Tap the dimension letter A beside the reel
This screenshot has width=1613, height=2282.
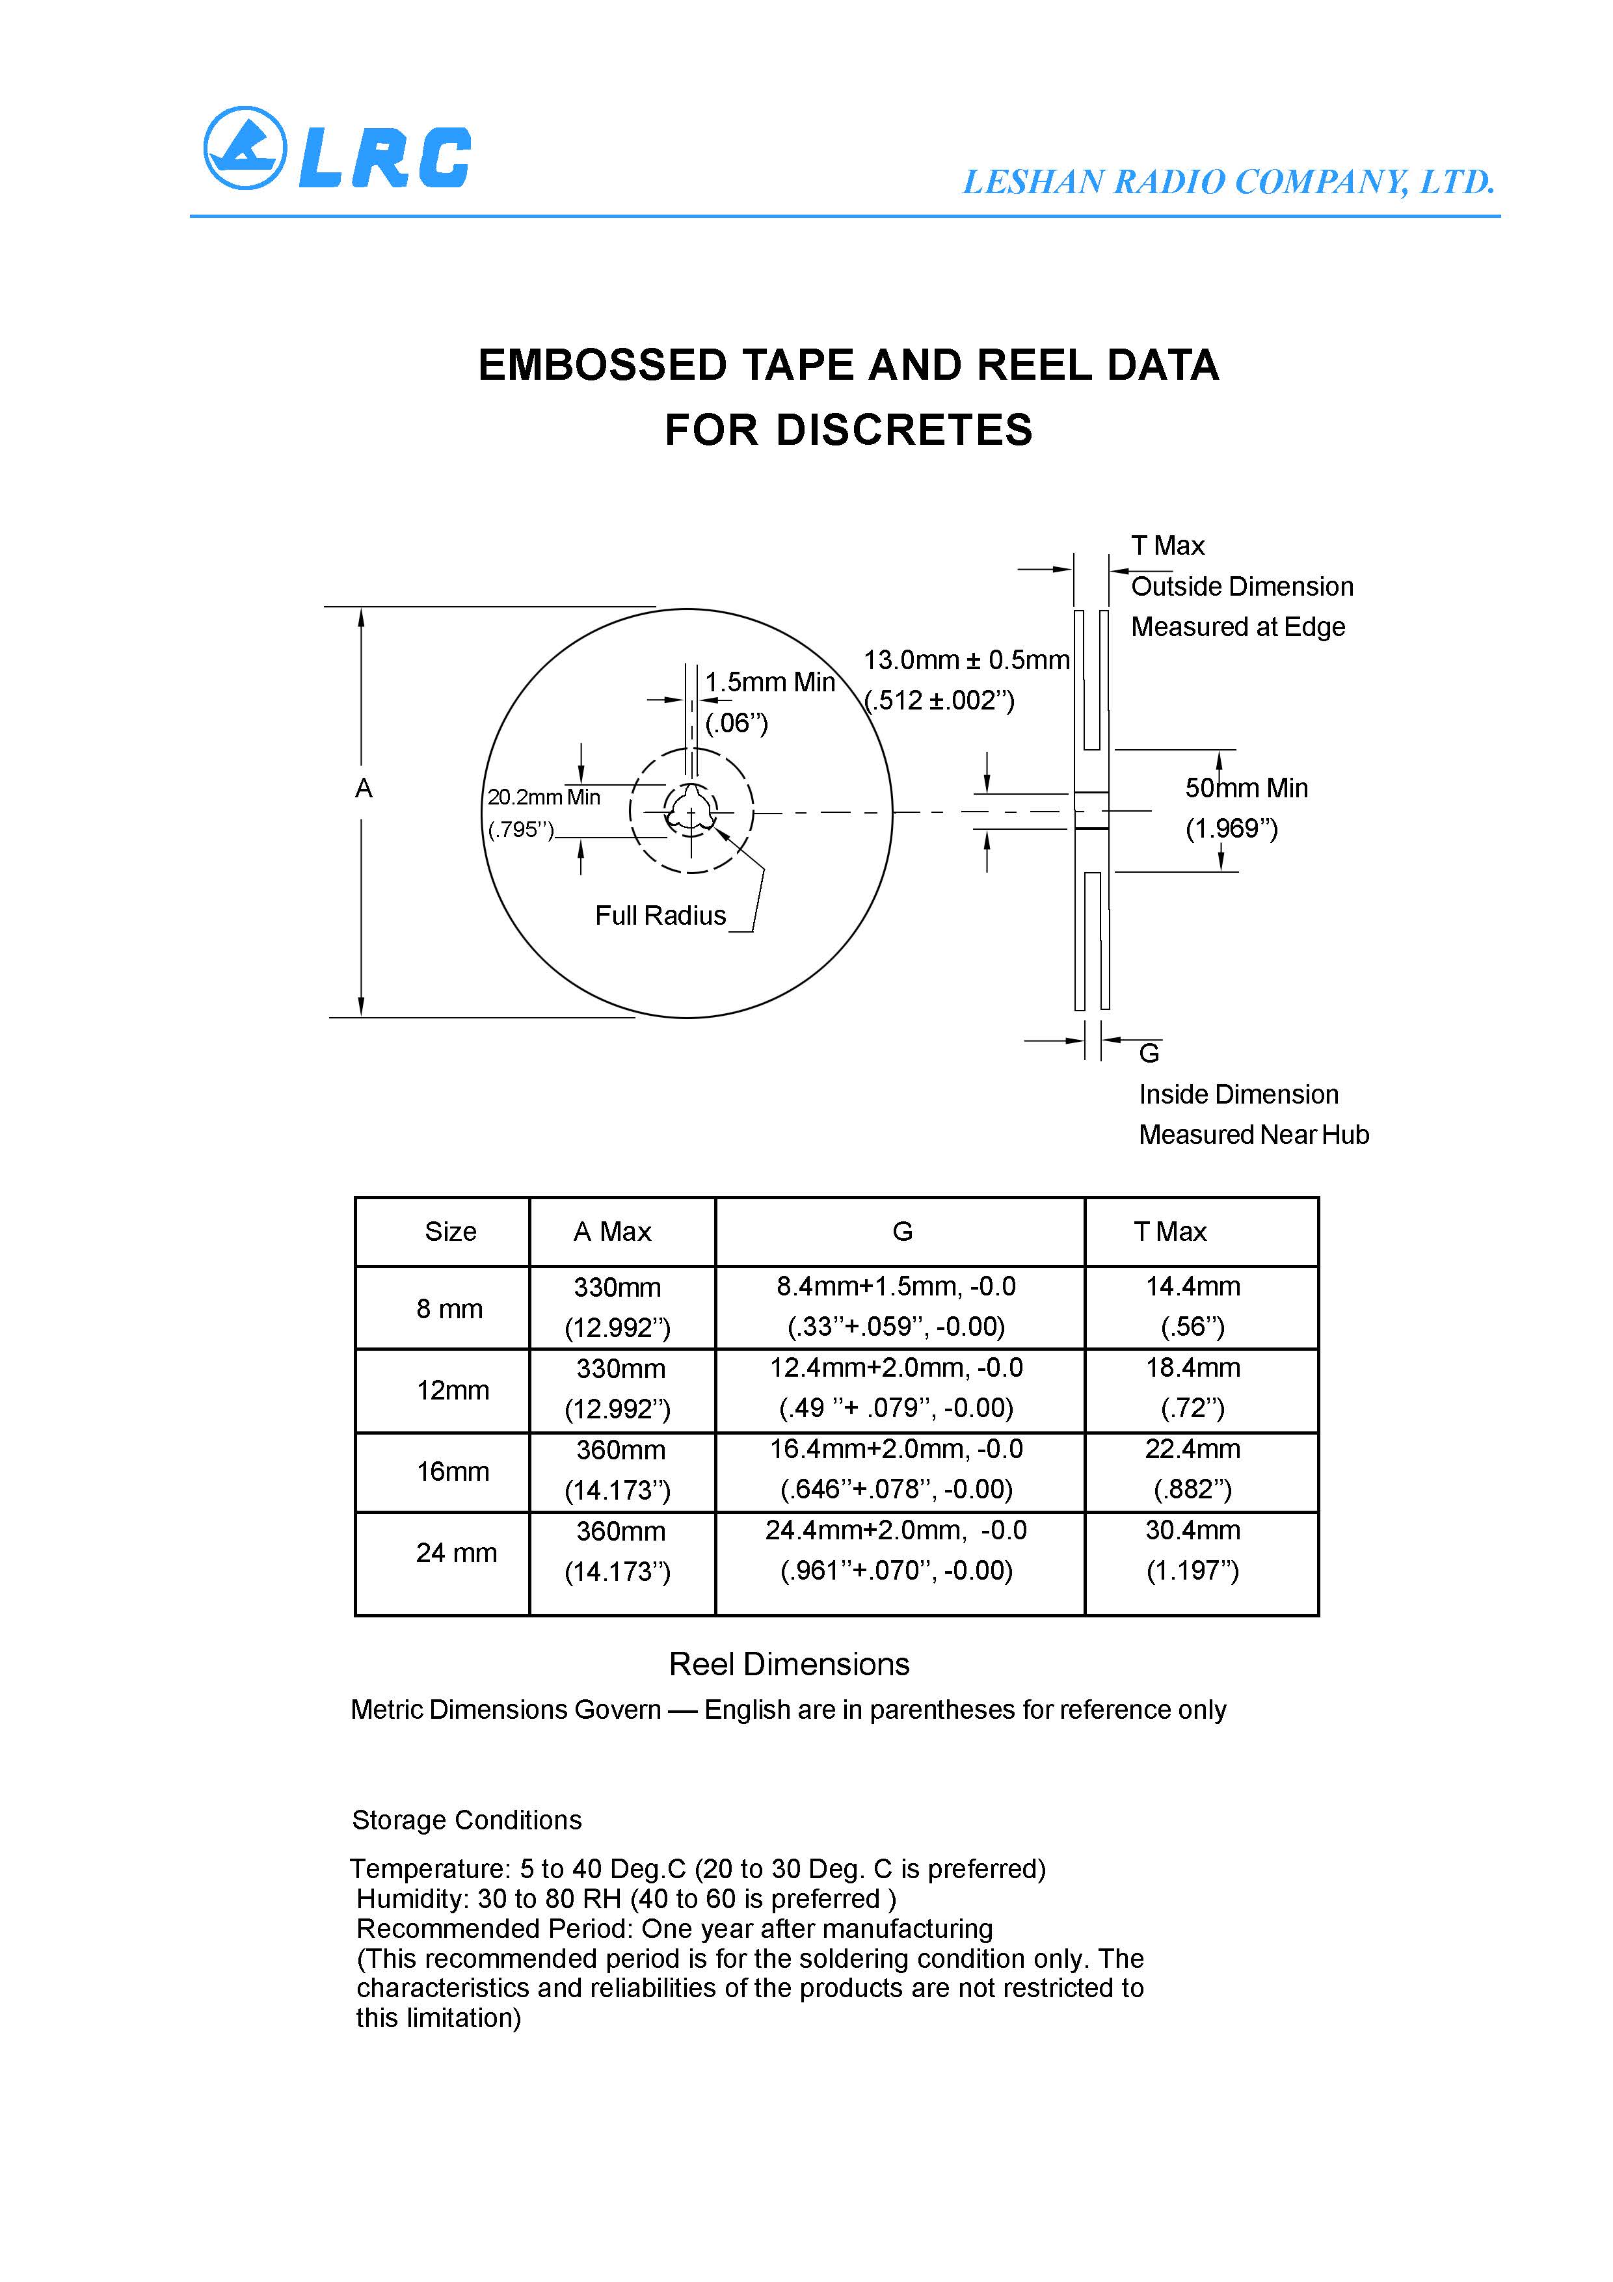pos(364,789)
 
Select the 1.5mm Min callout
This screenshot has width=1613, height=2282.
pos(770,683)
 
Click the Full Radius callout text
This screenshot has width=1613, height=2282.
pos(660,916)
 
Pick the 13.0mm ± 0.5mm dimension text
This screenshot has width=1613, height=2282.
pos(966,660)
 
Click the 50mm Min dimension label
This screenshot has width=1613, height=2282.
pos(1246,788)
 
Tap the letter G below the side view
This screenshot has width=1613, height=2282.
pos(1149,1052)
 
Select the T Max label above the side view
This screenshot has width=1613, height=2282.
pos(1167,546)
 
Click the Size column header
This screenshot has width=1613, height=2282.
pos(450,1232)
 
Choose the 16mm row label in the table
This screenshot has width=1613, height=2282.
pos(452,1471)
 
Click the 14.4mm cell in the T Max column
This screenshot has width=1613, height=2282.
pos(1193,1286)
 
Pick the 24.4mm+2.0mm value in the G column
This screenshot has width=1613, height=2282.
pos(896,1530)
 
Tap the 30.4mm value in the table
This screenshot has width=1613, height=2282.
pos(1193,1530)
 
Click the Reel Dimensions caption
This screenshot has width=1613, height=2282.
pos(789,1664)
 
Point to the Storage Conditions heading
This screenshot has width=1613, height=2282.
pos(466,1820)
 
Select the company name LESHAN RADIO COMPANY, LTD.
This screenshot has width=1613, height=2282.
pos(1229,182)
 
